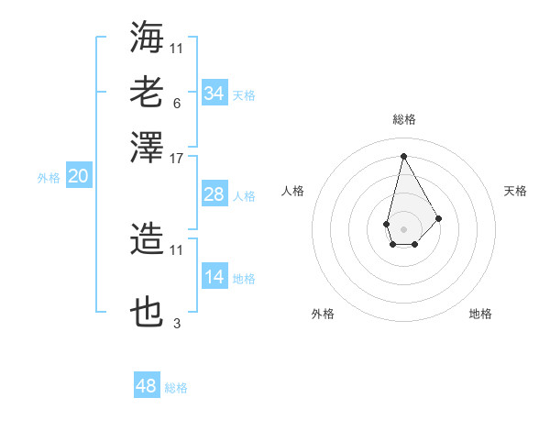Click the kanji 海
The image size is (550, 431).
point(148,38)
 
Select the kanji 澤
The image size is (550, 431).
point(148,147)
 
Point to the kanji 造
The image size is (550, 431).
point(148,240)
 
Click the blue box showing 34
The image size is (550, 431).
point(214,94)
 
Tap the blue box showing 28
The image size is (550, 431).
point(214,194)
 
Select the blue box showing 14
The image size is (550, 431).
point(214,277)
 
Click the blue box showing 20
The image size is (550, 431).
point(78,177)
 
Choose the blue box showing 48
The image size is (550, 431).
point(147,386)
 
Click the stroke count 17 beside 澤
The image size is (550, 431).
point(177,159)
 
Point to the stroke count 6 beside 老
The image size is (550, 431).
point(176,103)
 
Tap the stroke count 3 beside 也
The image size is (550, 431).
point(177,324)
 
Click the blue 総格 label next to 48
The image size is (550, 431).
point(176,388)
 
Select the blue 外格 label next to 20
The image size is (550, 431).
point(49,178)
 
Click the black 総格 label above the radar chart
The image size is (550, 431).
point(403,119)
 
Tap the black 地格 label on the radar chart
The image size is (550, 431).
point(480,314)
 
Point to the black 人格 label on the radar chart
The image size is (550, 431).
point(293,191)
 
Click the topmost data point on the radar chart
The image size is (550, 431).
point(403,155)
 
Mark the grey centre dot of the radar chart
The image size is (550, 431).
point(403,227)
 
